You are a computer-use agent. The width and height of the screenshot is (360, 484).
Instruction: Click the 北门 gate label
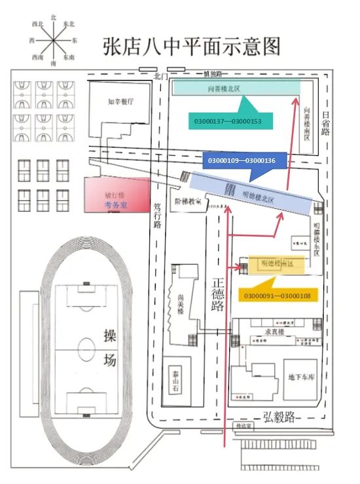point(161,76)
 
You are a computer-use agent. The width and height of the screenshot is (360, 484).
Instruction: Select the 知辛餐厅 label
point(120,102)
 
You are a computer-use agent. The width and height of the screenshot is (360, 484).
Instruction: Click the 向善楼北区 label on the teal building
point(223,88)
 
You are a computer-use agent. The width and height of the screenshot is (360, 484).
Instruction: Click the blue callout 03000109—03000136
point(241,160)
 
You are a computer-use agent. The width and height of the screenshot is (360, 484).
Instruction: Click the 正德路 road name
point(219,297)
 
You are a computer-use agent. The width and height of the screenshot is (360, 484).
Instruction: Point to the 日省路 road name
point(325,122)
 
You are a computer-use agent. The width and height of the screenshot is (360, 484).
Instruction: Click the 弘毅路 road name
point(279,415)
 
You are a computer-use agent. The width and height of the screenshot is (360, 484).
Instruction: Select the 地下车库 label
point(300,377)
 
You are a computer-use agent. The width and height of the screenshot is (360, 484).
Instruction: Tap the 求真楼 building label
point(274,332)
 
